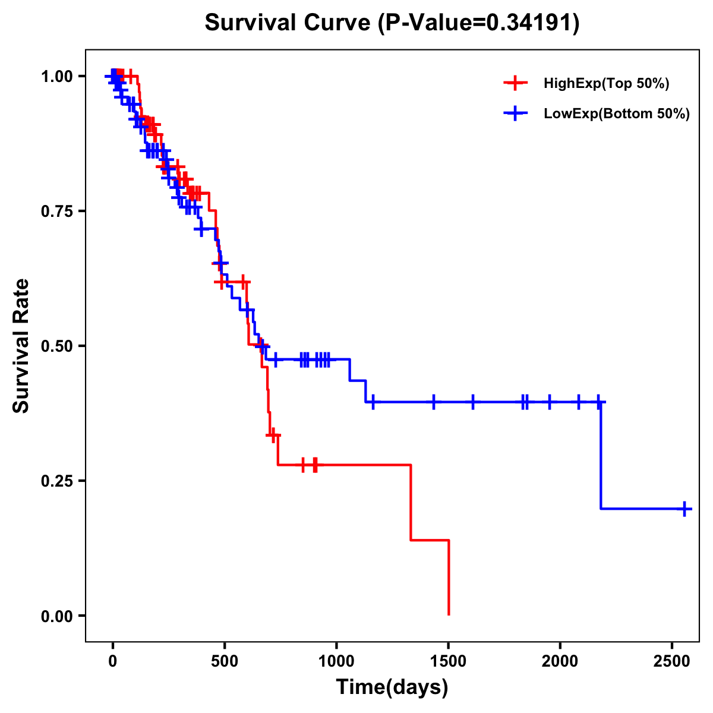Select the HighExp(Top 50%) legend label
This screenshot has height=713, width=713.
606,84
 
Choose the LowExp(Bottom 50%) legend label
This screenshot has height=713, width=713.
617,114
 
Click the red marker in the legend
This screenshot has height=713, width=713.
516,83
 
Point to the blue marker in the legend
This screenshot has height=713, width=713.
516,113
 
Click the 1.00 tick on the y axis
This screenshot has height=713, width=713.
56,76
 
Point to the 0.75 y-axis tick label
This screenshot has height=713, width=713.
56,211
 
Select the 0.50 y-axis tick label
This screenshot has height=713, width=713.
56,346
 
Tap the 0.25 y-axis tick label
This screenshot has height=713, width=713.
56,481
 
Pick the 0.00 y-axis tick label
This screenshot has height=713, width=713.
56,616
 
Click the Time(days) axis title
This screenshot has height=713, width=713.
392,687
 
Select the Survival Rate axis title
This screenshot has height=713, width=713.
21,346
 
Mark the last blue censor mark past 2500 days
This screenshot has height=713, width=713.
684,509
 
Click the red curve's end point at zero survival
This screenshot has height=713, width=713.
449,614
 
